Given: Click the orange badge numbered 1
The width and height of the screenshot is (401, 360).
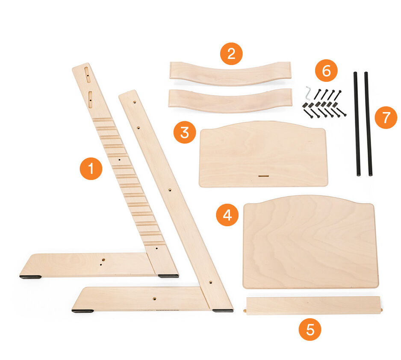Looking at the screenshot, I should pyautogui.click(x=91, y=168).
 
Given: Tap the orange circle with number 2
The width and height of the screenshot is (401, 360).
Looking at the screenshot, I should pyautogui.click(x=231, y=54).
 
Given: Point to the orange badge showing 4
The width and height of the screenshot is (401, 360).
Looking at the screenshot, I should pyautogui.click(x=227, y=215).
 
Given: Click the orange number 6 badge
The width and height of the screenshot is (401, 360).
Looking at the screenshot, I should pyautogui.click(x=326, y=71).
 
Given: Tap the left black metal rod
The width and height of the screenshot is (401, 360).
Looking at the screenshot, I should pyautogui.click(x=357, y=124).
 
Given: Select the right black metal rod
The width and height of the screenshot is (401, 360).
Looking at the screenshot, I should pyautogui.click(x=368, y=124).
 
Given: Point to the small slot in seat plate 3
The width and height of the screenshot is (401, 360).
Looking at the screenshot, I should pyautogui.click(x=263, y=175).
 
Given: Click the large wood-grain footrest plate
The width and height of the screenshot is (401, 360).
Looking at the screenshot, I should pyautogui.click(x=310, y=242).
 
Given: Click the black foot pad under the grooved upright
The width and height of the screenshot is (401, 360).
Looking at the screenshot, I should pyautogui.click(x=168, y=276).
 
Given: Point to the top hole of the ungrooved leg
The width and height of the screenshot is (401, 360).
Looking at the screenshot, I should pyautogui.click(x=135, y=103).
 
